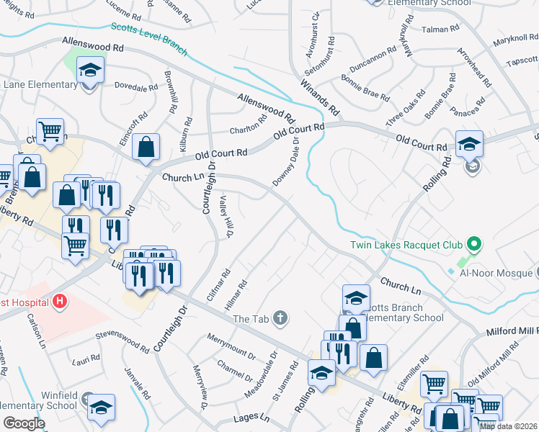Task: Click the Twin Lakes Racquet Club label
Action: click(x=406, y=245)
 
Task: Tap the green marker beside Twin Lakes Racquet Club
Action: click(x=473, y=243)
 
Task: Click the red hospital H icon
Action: click(x=61, y=300)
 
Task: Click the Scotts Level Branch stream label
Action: click(x=149, y=38)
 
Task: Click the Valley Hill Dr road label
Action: click(x=227, y=217)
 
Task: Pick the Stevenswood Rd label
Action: click(x=122, y=341)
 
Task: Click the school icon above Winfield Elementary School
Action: click(x=102, y=407)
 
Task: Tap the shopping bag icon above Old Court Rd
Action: click(x=146, y=147)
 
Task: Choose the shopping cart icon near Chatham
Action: click(x=50, y=131)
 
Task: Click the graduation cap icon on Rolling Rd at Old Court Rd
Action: click(x=468, y=144)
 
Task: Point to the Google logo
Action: click(x=24, y=423)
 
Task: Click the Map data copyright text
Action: click(x=508, y=426)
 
